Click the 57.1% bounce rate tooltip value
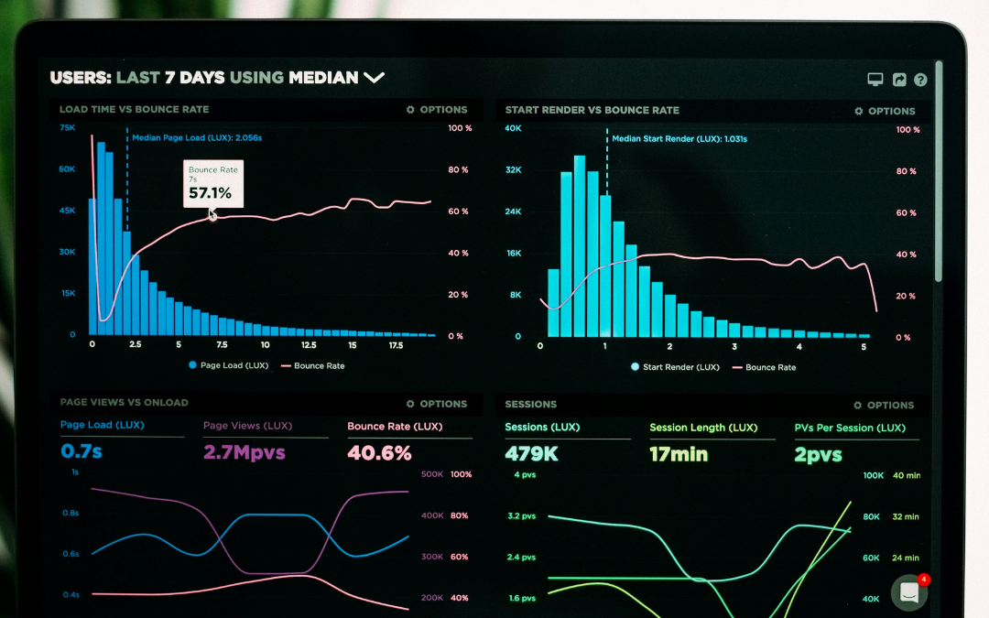coord(210,193)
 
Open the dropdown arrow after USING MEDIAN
coord(374,78)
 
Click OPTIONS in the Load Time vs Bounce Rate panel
coord(437,110)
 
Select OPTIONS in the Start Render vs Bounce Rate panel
coord(885,111)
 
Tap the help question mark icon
coord(920,80)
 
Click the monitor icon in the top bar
coord(875,80)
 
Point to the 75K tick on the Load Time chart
coord(67,128)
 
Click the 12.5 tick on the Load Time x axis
coord(309,346)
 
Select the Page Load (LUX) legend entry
coord(229,365)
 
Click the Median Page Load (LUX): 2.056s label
coord(197,138)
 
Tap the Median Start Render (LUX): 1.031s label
coord(679,139)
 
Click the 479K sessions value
coord(530,453)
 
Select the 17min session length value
coord(678,453)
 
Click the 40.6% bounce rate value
coord(379,452)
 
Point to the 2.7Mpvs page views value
coord(244,452)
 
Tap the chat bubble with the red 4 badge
coord(909,592)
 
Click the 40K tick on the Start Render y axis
coord(513,128)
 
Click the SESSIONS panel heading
coord(530,404)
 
